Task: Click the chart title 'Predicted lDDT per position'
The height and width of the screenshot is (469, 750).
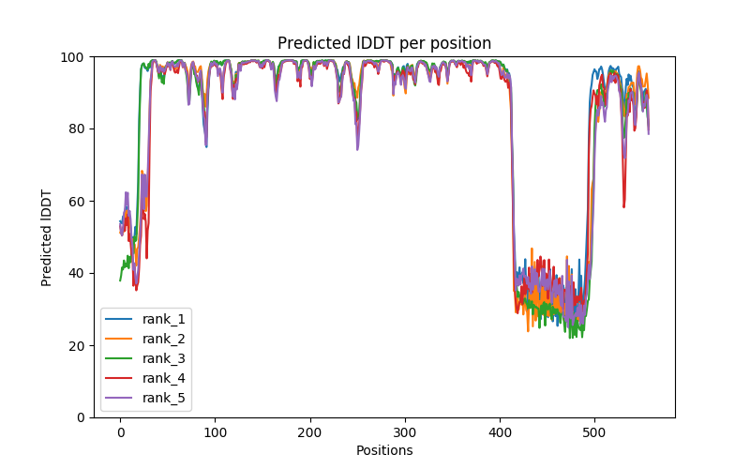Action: coord(384,43)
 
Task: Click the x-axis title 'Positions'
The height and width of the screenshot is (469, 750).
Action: coord(384,450)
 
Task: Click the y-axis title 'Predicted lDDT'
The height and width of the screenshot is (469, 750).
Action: coord(47,236)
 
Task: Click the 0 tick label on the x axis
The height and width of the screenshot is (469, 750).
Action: coord(120,431)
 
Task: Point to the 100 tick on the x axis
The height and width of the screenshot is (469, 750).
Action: coord(215,431)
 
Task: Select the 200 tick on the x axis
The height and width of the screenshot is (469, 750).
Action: coord(310,431)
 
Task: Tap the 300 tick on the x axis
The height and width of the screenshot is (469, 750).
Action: coord(405,431)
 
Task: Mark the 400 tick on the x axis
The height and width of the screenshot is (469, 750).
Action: coord(500,431)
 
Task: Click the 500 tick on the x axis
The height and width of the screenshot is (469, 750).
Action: coord(594,431)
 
